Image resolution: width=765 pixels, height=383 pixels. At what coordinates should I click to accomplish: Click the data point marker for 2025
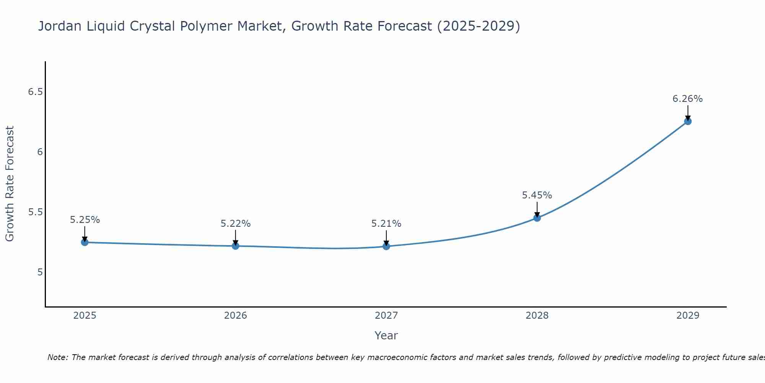[x=85, y=242]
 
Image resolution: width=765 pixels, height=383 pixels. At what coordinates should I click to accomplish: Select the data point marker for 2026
[x=236, y=246]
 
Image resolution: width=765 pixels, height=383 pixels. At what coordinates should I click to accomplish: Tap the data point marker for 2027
[x=386, y=246]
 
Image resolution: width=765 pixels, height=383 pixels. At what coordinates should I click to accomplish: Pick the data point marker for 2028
[x=537, y=218]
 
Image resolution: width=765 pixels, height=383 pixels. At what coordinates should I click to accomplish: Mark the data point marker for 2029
[x=688, y=121]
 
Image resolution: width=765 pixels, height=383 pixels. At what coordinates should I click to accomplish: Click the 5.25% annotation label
[x=85, y=220]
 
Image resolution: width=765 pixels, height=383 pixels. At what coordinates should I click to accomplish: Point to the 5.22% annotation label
[x=236, y=224]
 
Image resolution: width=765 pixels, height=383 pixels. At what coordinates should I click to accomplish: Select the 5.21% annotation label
[x=386, y=224]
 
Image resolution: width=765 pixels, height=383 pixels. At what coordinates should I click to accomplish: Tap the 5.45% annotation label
[x=537, y=195]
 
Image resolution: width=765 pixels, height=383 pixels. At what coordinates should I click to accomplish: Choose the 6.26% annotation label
[x=688, y=99]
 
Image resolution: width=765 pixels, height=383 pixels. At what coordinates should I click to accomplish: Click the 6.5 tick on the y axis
[x=36, y=92]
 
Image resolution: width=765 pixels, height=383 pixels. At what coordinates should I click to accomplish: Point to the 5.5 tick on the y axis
[x=36, y=212]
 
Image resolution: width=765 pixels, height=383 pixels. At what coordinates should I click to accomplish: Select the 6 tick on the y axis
[x=40, y=152]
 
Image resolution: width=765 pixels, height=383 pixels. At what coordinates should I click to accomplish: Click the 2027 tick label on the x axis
[x=386, y=316]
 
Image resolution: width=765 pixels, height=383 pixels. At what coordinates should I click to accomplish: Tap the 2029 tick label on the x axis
[x=688, y=316]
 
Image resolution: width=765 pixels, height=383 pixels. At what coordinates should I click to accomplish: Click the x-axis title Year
[x=386, y=336]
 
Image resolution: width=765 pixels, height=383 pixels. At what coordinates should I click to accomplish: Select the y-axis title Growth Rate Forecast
[x=10, y=184]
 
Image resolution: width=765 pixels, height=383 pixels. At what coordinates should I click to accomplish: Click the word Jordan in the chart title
[x=59, y=26]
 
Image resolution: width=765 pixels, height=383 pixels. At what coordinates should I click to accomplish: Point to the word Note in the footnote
[x=57, y=357]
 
